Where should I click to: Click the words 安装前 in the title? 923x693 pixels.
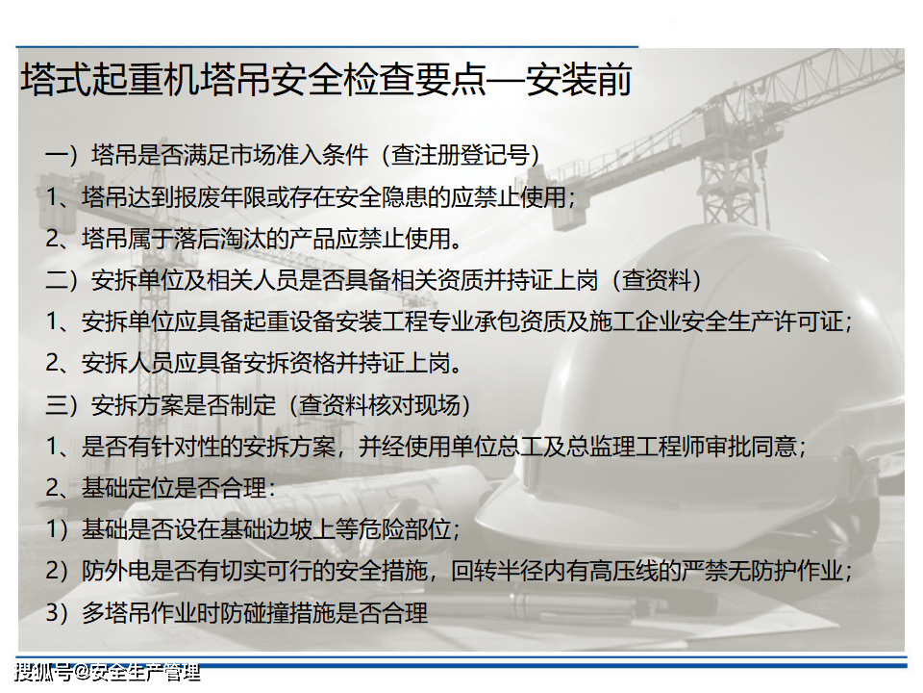coord(579,80)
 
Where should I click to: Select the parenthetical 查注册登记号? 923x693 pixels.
coord(461,156)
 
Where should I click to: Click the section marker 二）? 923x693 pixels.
coord(62,280)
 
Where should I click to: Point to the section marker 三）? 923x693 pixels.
coord(62,405)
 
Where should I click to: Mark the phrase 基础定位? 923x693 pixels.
coord(128,489)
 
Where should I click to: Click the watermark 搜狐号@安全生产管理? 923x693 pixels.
coord(107,672)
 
